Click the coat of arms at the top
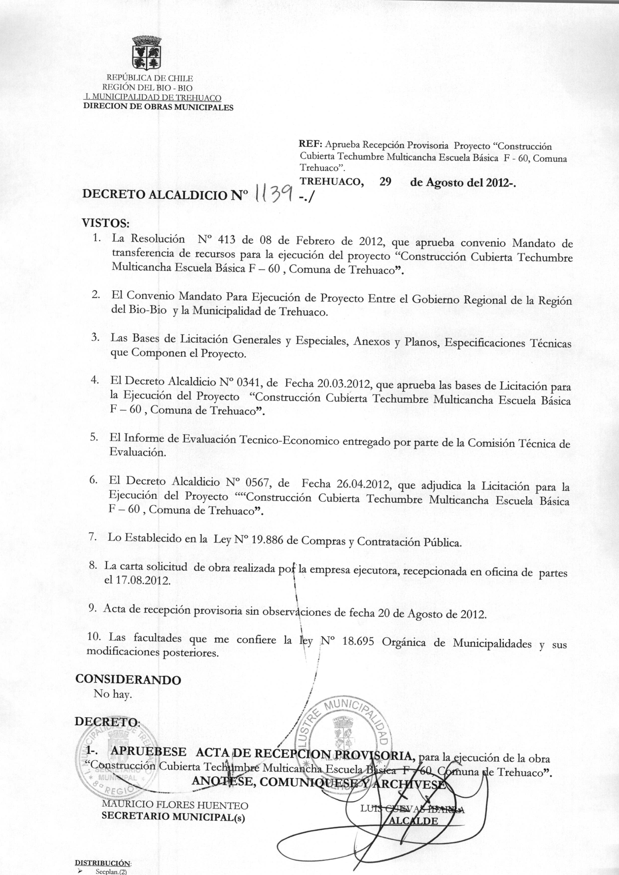pos(147,53)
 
